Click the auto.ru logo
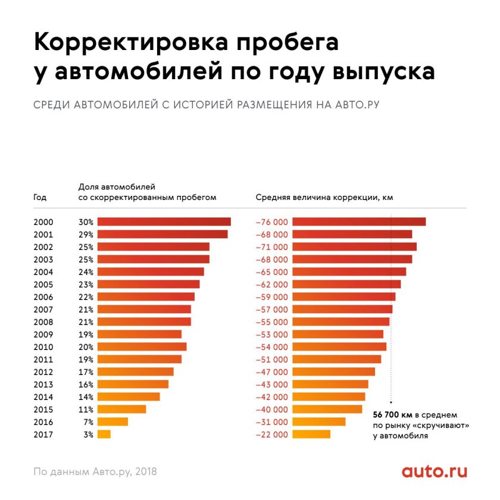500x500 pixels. [434, 471]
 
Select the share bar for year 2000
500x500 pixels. [164, 221]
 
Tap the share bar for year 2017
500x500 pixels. [104, 435]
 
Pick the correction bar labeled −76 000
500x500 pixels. [359, 221]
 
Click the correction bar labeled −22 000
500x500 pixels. [311, 435]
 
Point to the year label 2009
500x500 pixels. [43, 335]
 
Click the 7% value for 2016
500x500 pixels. [87, 422]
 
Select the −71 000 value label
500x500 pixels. [271, 247]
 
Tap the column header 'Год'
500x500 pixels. [40, 197]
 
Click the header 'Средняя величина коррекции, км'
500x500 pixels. [324, 197]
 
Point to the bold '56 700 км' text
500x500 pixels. [392, 414]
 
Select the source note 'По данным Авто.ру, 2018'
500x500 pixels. [95, 471]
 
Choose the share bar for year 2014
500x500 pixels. [128, 397]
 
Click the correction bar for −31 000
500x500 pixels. [318, 422]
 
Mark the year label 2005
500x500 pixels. [43, 285]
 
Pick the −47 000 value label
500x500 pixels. [271, 372]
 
